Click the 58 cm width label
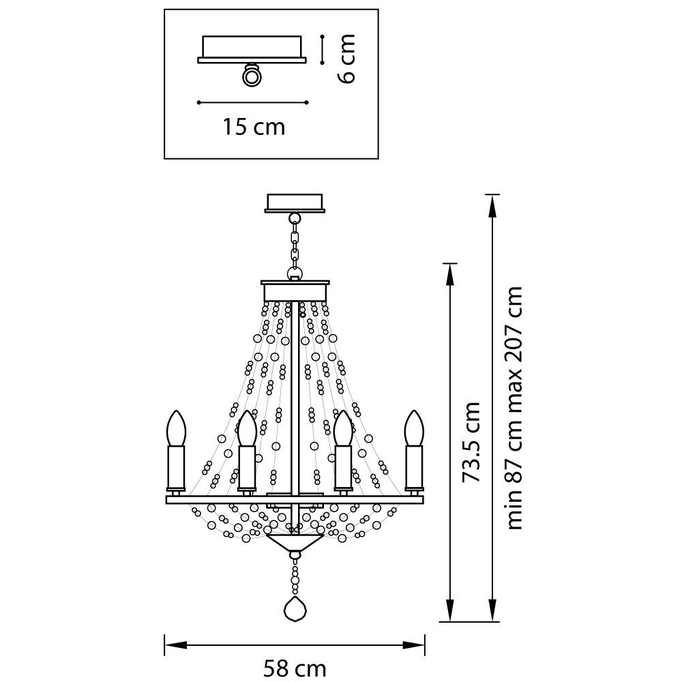tap(295, 668)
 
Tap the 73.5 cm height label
tap(471, 442)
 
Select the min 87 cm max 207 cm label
tap(514, 407)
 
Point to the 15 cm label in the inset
tap(253, 127)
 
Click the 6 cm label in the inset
tap(346, 59)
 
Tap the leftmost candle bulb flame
tap(177, 428)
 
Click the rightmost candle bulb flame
tap(413, 428)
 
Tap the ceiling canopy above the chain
tap(295, 203)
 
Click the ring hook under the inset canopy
tap(252, 76)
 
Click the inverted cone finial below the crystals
tap(295, 543)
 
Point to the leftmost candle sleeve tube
tap(177, 467)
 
